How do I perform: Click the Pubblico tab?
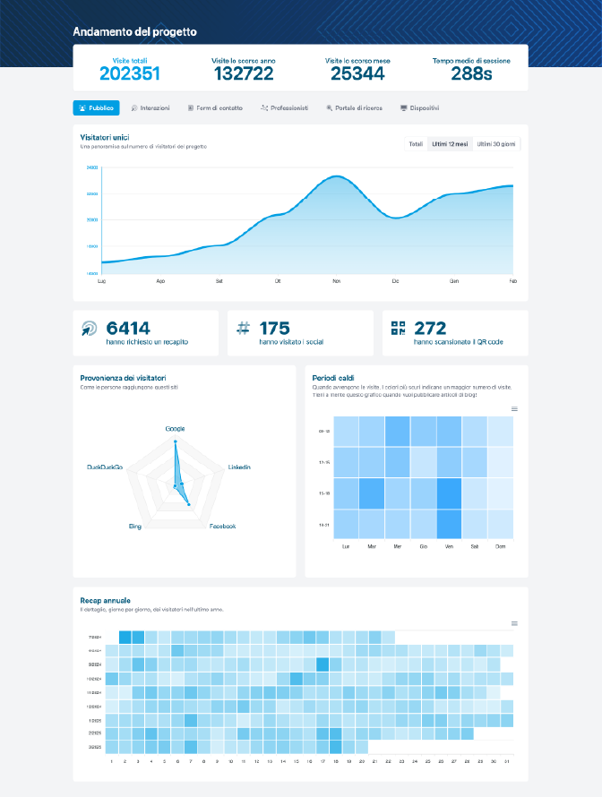[x=96, y=107]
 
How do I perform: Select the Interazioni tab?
[x=150, y=107]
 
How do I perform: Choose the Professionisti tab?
[x=284, y=107]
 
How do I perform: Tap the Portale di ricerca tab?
[x=354, y=107]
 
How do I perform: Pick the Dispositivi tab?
[x=419, y=107]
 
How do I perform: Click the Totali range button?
[x=416, y=143]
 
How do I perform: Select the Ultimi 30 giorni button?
[x=495, y=143]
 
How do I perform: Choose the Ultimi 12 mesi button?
[x=449, y=143]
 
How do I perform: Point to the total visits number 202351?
[x=130, y=73]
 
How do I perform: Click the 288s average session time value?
[x=471, y=73]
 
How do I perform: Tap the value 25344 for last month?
[x=357, y=73]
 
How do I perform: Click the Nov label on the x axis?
[x=336, y=281]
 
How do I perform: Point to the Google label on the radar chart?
[x=175, y=429]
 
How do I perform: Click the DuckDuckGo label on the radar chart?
[x=106, y=467]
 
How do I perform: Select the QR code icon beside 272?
[x=399, y=329]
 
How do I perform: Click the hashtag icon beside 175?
[x=243, y=329]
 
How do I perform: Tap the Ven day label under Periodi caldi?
[x=449, y=545]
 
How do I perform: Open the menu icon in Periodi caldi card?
[x=514, y=409]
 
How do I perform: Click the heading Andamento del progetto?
[x=135, y=31]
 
